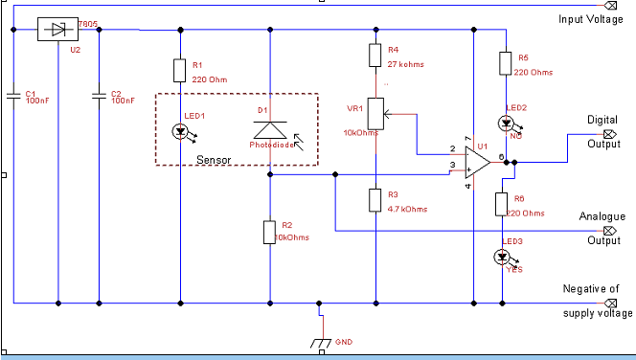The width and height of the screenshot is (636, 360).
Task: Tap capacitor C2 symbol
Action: point(97,95)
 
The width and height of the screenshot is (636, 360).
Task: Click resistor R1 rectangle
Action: point(180,70)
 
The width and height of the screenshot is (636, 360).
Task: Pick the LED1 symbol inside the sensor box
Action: point(180,130)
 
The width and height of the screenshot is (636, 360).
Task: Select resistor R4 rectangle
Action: point(375,56)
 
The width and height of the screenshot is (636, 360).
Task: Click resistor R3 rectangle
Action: point(375,199)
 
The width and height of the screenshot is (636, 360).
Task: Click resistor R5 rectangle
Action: point(503,64)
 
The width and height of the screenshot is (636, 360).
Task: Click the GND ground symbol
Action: point(319,341)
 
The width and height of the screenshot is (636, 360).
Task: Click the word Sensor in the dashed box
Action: point(214,159)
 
